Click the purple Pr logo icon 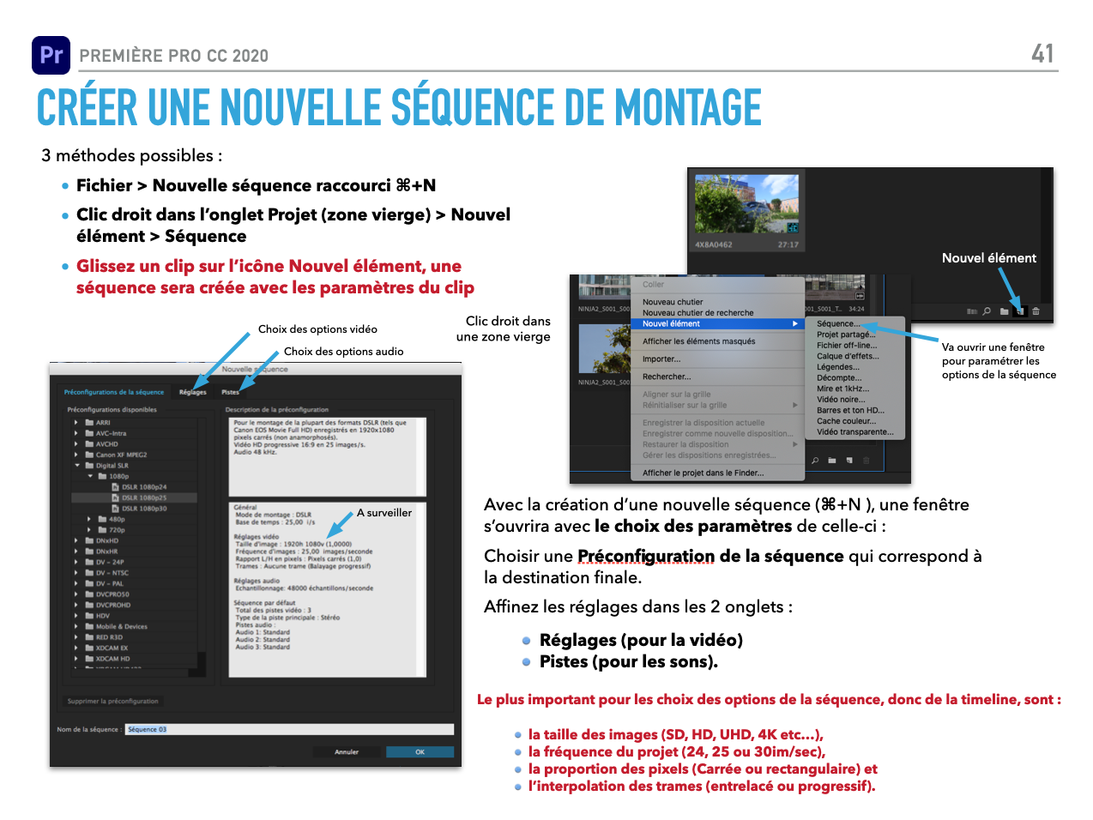tap(51, 55)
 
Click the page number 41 tap(1042, 54)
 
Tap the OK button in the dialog tap(420, 752)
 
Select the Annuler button tap(347, 752)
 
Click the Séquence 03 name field tap(289, 730)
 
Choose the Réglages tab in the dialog tap(193, 392)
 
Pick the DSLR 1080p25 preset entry tap(143, 497)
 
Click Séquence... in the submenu tap(836, 323)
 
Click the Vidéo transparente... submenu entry tap(854, 432)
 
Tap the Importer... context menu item tap(661, 359)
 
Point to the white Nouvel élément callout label tap(988, 258)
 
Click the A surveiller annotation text tap(384, 513)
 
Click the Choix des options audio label tap(343, 352)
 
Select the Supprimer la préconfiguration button tap(112, 702)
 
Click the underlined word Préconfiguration tap(645, 557)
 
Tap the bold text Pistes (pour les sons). tap(628, 662)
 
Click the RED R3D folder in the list tap(109, 637)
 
